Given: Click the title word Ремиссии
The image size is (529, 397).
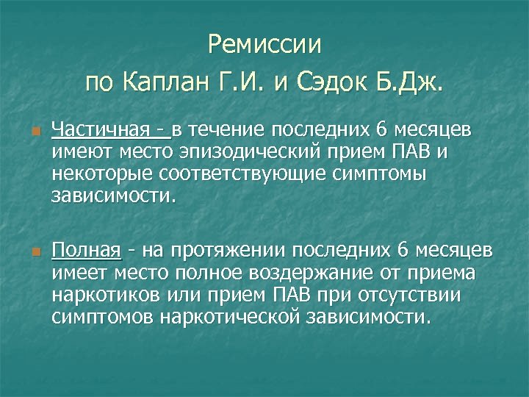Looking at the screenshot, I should tap(264, 45).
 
